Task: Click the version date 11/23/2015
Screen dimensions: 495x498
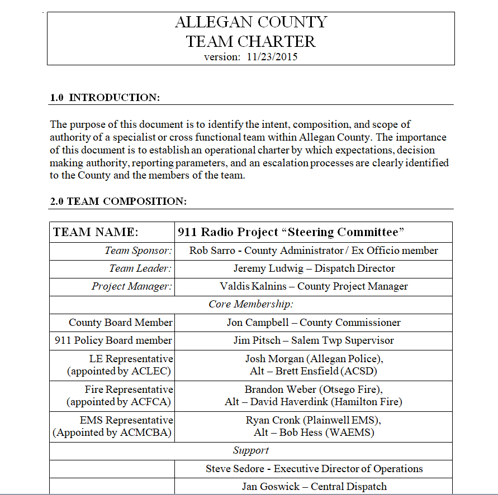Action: click(x=272, y=57)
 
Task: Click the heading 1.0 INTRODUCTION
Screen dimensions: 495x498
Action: click(x=105, y=98)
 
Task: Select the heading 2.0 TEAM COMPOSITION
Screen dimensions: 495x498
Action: click(x=118, y=201)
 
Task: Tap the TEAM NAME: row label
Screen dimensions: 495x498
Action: click(x=96, y=232)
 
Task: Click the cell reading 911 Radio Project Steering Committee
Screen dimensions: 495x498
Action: click(x=291, y=232)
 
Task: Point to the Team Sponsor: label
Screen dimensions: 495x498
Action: click(x=138, y=251)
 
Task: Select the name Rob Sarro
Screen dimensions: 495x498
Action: click(x=214, y=251)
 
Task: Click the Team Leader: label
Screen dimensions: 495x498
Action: click(x=140, y=268)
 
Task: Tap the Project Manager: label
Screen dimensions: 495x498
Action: click(x=132, y=286)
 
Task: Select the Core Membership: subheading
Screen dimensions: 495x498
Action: click(x=251, y=304)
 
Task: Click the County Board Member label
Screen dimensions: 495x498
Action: click(x=121, y=323)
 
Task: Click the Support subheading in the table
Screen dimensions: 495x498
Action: click(x=251, y=450)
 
